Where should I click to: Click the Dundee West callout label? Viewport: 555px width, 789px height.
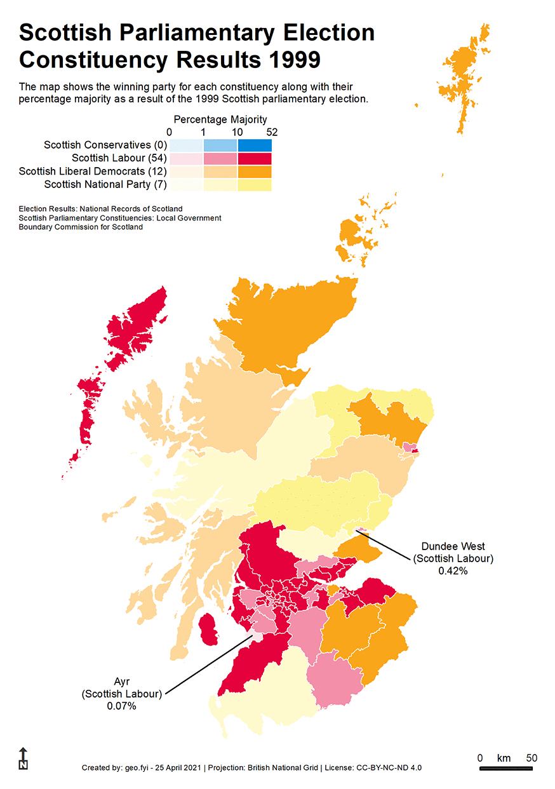453,546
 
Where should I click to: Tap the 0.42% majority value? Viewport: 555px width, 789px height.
453,571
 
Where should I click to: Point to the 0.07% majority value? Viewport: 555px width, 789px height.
121,706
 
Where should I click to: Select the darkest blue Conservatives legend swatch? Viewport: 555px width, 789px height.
255,145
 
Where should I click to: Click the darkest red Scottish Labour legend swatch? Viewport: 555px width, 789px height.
255,159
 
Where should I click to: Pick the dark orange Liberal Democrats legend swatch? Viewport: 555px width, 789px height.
255,172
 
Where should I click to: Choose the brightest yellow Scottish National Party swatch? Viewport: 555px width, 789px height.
255,185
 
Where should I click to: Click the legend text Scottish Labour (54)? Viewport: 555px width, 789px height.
119,158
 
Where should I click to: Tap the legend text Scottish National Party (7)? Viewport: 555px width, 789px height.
105,184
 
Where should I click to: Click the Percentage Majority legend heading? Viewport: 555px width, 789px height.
220,119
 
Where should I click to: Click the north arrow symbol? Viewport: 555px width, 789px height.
23,759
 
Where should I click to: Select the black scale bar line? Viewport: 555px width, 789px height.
505,769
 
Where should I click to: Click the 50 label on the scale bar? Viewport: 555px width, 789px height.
532,758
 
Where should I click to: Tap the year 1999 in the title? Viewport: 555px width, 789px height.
290,60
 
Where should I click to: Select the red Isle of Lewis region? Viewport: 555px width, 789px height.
137,327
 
